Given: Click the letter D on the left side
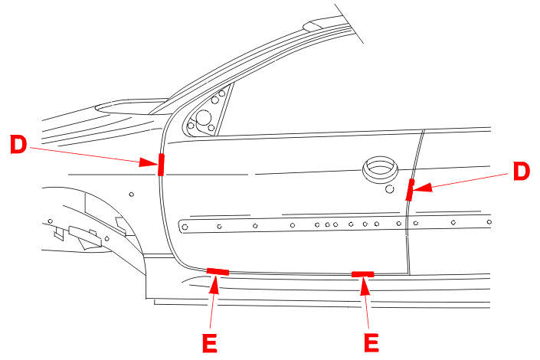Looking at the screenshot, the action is click(x=18, y=144).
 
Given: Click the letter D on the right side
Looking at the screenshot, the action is click(x=521, y=172).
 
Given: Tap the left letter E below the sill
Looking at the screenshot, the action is click(x=210, y=343).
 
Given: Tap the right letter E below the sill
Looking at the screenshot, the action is click(x=371, y=343).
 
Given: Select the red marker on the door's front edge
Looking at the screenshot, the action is click(x=161, y=165).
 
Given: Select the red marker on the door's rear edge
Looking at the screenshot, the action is click(x=410, y=189).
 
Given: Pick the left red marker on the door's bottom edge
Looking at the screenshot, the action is click(x=218, y=271).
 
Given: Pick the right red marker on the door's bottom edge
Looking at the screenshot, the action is click(x=362, y=274).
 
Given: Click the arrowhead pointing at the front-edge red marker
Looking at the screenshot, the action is click(x=148, y=162).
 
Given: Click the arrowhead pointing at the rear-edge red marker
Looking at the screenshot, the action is click(x=422, y=188).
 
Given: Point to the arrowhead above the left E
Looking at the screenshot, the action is click(x=214, y=284).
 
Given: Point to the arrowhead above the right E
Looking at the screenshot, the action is click(x=365, y=286).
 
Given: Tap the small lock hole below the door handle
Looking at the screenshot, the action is click(x=390, y=188).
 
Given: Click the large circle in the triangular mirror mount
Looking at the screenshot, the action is click(x=203, y=118).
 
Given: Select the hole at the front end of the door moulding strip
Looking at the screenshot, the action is click(x=185, y=227).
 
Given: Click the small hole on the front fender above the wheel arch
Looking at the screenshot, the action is click(x=131, y=195).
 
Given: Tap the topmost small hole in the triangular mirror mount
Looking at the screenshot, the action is click(x=222, y=93).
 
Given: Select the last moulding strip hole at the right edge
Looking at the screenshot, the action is click(x=489, y=222).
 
